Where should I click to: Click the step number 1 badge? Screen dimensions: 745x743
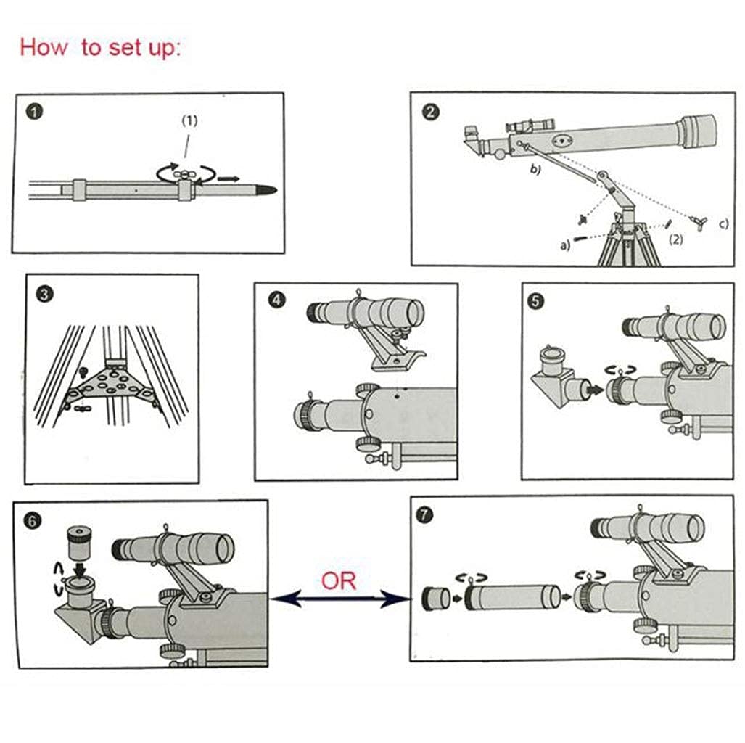click(35, 112)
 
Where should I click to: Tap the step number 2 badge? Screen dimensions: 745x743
click(430, 112)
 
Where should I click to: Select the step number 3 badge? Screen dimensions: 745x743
click(44, 295)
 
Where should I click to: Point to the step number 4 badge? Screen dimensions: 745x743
click(277, 300)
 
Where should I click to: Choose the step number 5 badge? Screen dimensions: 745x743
click(536, 301)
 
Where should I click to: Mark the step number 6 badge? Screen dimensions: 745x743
click(33, 521)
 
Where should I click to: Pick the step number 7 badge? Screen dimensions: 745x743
click(424, 515)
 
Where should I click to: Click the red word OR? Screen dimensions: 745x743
click(338, 580)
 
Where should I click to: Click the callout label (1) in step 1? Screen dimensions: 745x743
click(189, 120)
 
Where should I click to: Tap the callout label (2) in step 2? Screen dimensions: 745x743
click(675, 239)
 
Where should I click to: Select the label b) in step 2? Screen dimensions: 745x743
click(535, 169)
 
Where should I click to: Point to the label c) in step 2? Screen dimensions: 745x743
click(723, 224)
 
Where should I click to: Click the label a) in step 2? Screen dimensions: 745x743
click(565, 245)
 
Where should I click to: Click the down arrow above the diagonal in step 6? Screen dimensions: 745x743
click(80, 569)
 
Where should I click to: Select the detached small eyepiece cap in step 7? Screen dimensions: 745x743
click(436, 599)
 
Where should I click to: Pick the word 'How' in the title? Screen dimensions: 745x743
click(44, 47)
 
